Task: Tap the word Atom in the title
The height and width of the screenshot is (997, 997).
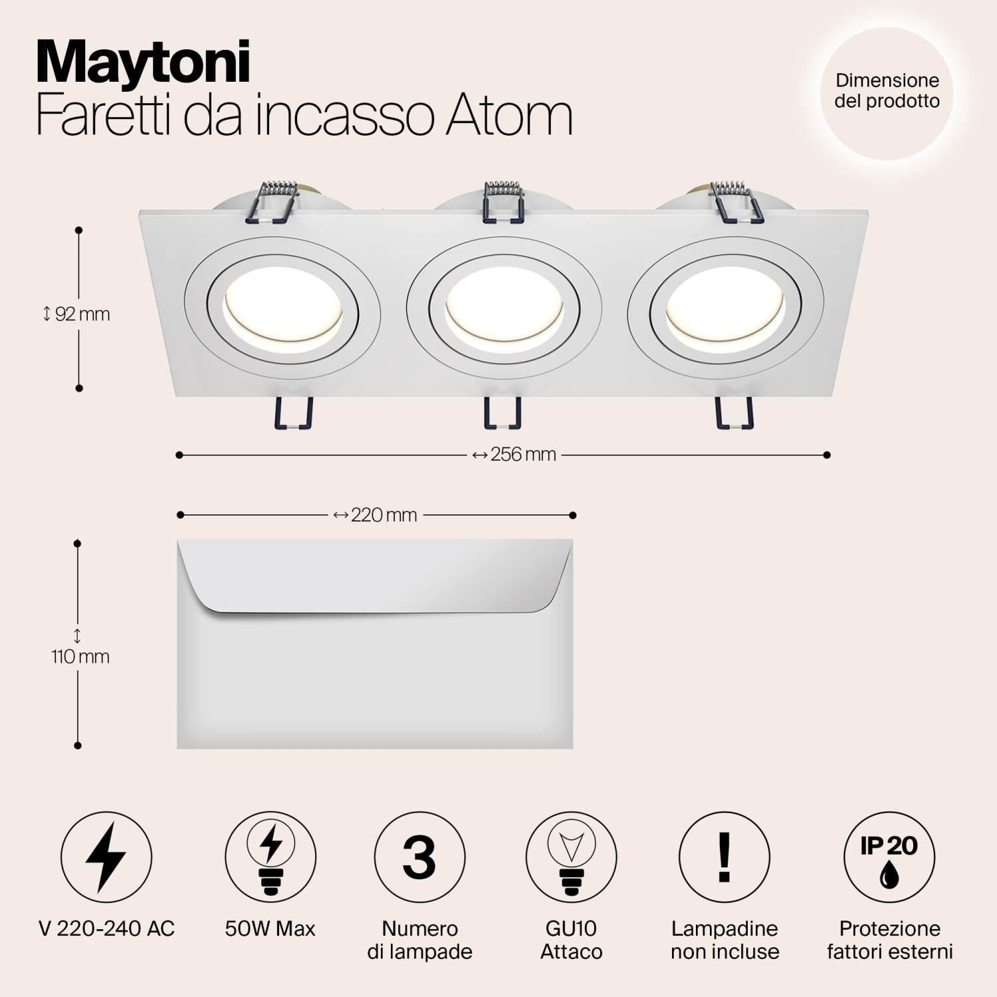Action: [x=508, y=115]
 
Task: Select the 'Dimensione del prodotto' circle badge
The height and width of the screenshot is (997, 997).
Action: [x=887, y=92]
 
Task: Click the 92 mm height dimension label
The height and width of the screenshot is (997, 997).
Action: [x=77, y=314]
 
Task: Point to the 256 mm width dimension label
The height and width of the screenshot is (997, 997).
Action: [x=514, y=455]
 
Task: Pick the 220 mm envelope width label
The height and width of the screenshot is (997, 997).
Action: [x=376, y=515]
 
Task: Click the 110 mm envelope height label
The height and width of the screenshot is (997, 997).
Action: [x=80, y=656]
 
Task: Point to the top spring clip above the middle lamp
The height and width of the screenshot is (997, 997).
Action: [x=503, y=200]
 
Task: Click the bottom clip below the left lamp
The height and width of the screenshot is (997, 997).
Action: [x=292, y=413]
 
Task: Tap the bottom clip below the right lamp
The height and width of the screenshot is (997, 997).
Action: [x=734, y=413]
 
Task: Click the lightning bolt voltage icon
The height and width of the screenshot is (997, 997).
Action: [x=106, y=857]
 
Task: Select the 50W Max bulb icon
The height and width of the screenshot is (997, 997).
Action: [x=271, y=857]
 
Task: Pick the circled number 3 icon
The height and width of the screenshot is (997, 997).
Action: [x=419, y=857]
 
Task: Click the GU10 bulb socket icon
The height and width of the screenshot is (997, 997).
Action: [x=571, y=857]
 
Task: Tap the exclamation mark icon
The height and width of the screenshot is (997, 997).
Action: [x=724, y=857]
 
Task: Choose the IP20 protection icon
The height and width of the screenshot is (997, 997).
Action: [x=889, y=857]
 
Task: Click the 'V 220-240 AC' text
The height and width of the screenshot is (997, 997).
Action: [x=106, y=929]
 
